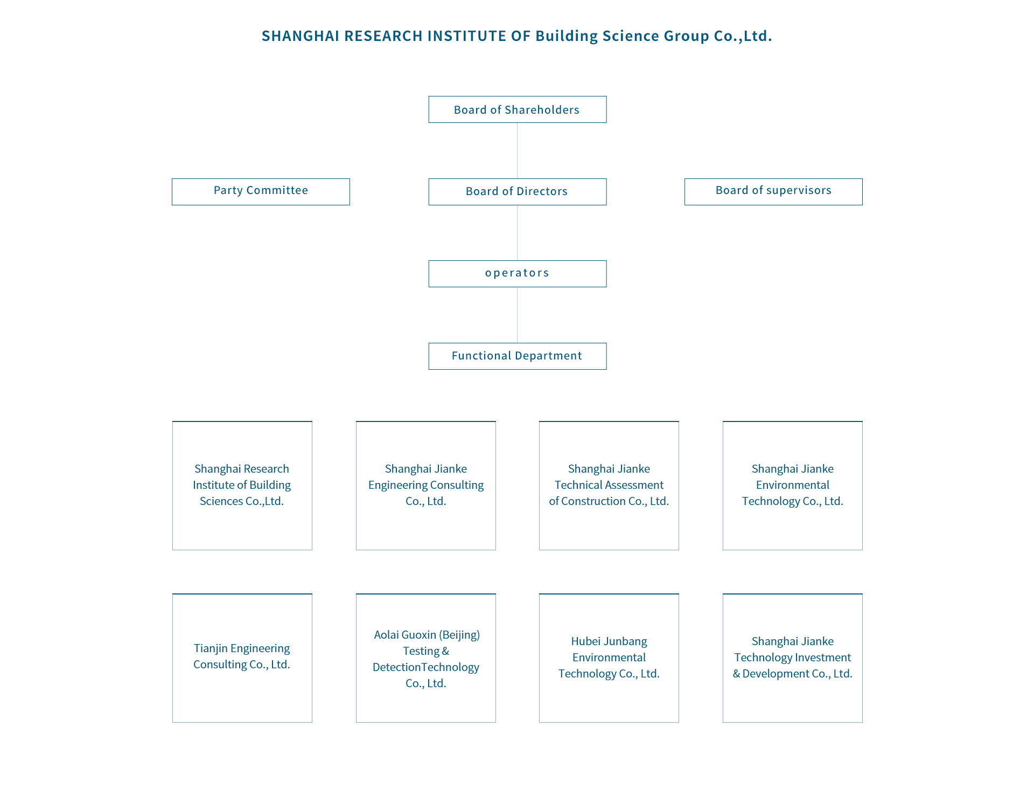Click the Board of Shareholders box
(x=517, y=109)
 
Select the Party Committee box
(x=261, y=192)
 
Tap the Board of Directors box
(x=517, y=192)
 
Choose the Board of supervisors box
(x=773, y=192)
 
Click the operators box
(x=517, y=274)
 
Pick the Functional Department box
(x=517, y=356)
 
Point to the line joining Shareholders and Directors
(x=517, y=151)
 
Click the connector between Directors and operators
(x=517, y=233)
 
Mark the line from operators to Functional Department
(x=517, y=315)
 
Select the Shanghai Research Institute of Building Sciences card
(x=242, y=486)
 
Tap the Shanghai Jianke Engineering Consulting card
(x=426, y=486)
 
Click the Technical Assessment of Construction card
(x=609, y=486)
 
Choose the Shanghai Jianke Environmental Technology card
(x=793, y=486)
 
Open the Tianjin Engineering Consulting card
(x=242, y=658)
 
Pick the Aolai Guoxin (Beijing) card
(x=426, y=658)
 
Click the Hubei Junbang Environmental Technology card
(x=609, y=658)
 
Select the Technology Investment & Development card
(x=793, y=658)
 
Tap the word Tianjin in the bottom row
(x=211, y=648)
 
